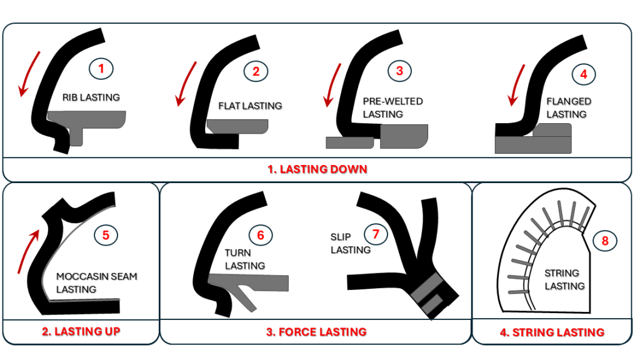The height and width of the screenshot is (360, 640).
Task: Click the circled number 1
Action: click(101, 68)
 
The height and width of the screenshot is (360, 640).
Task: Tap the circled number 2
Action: click(256, 71)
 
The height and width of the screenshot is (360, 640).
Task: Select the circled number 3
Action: click(400, 71)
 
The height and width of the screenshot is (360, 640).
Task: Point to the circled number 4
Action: click(584, 74)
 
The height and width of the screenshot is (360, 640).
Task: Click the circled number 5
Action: click(106, 235)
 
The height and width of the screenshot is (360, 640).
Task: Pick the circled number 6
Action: click(261, 235)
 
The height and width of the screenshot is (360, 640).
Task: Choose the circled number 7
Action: click(376, 234)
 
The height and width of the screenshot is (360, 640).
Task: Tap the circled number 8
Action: click(605, 240)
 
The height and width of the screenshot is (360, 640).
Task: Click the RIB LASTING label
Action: click(91, 97)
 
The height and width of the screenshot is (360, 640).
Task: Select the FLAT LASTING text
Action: click(250, 106)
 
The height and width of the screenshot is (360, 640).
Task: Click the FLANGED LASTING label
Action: click(568, 107)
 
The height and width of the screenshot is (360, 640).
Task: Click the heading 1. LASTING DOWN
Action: click(317, 169)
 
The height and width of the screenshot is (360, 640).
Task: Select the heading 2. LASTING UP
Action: click(81, 331)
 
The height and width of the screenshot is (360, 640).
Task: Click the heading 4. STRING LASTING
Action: click(552, 332)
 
